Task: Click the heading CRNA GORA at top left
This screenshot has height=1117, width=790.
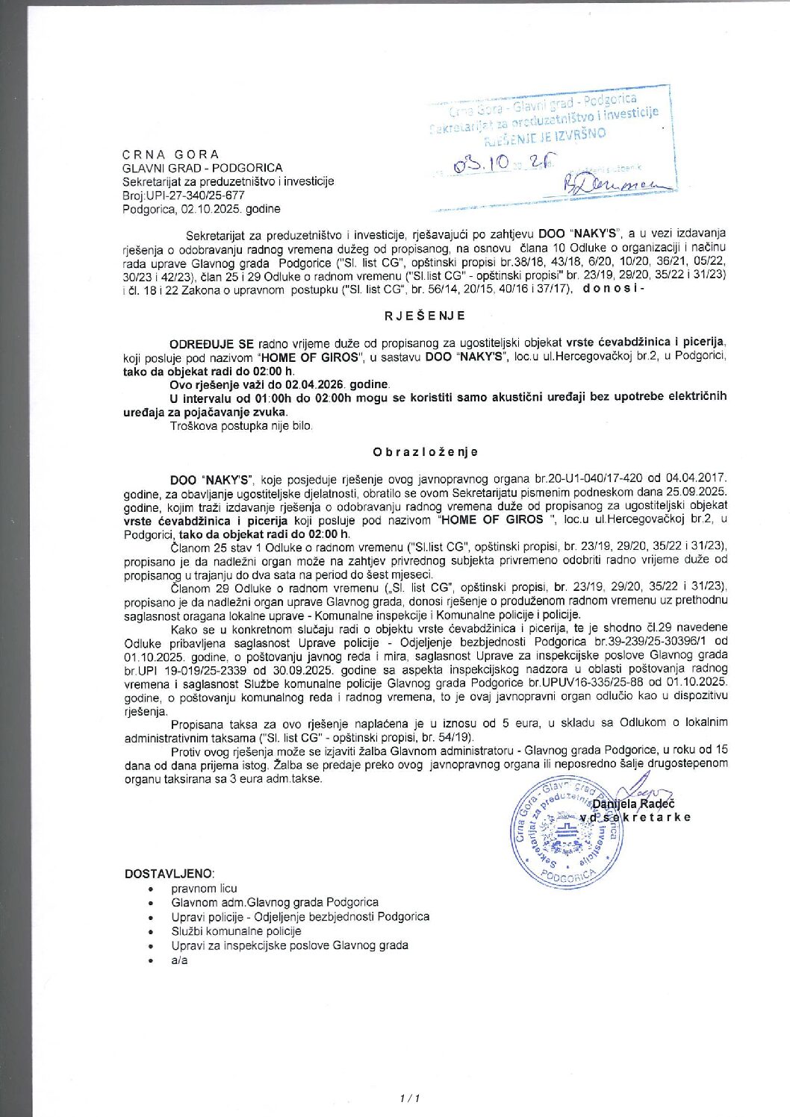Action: coord(171,154)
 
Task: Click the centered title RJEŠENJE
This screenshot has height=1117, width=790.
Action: coord(425,316)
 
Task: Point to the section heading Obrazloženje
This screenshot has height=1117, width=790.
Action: coord(425,451)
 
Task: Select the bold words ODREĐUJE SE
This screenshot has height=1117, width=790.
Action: coord(212,344)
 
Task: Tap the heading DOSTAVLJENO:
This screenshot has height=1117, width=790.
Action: coord(169,874)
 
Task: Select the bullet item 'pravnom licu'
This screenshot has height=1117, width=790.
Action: coord(204,888)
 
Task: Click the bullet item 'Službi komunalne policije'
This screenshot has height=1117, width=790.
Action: coord(236,930)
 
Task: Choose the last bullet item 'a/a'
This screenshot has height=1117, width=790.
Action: coord(179,960)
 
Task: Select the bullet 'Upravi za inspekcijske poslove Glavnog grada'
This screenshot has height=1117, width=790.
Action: coord(289,945)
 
